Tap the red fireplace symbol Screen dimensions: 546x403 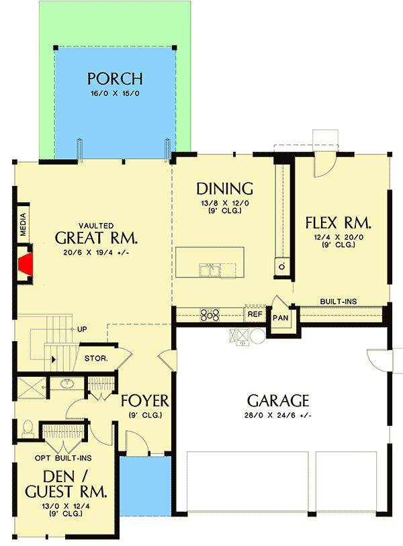pos(26,264)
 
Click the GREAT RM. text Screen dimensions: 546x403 pos(96,238)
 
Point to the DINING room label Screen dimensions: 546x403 pos(224,189)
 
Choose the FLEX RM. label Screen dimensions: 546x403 pos(338,222)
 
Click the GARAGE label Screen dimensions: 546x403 pos(278,401)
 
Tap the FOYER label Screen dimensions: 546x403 pos(144,401)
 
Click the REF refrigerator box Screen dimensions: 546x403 pos(255,314)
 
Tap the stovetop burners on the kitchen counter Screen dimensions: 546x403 pos(209,314)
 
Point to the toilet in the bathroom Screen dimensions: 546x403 pos(28,428)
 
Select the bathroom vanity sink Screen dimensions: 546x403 pos(67,384)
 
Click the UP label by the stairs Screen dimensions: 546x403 pos(83,330)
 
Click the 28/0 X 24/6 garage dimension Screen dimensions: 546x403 pos(278,416)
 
